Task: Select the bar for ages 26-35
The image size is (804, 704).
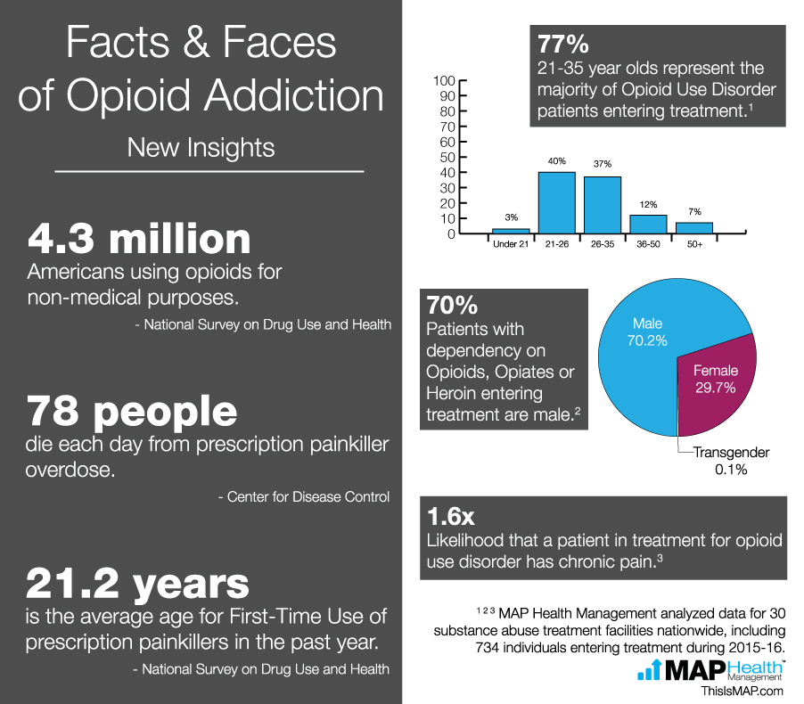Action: click(603, 205)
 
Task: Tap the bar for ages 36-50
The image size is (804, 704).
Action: click(649, 225)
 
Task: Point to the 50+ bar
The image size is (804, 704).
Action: click(694, 228)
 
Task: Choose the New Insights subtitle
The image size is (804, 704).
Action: click(201, 147)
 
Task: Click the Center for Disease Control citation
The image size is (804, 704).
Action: click(303, 496)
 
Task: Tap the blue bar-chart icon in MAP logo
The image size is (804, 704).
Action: click(650, 671)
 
